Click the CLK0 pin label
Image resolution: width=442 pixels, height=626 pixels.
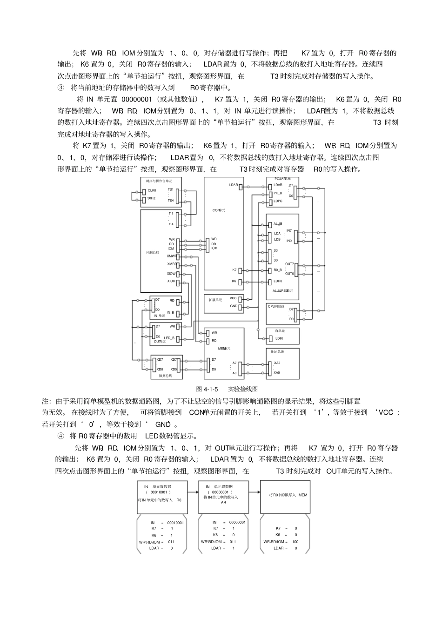click(152, 190)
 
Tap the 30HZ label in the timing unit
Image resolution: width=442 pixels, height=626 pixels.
click(152, 198)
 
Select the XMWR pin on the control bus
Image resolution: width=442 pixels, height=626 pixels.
click(172, 256)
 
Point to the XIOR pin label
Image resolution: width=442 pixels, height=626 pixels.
click(171, 282)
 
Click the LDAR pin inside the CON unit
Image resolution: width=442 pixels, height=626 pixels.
click(233, 185)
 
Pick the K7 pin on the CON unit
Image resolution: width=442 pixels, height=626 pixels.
click(234, 270)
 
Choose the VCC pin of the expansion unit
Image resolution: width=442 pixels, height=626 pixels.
click(233, 298)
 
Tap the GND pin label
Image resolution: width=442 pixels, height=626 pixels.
click(233, 306)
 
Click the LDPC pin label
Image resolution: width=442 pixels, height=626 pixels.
click(278, 201)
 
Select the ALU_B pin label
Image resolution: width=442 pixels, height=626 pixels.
click(278, 224)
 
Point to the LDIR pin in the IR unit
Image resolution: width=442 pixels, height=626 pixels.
click(279, 338)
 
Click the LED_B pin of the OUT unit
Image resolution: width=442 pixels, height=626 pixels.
click(169, 338)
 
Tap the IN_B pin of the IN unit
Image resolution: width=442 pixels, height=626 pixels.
click(170, 313)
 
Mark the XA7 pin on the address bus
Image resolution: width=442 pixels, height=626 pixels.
click(277, 363)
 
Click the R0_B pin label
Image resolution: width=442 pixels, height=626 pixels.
click(278, 270)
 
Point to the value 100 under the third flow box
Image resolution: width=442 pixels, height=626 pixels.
click(295, 542)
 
